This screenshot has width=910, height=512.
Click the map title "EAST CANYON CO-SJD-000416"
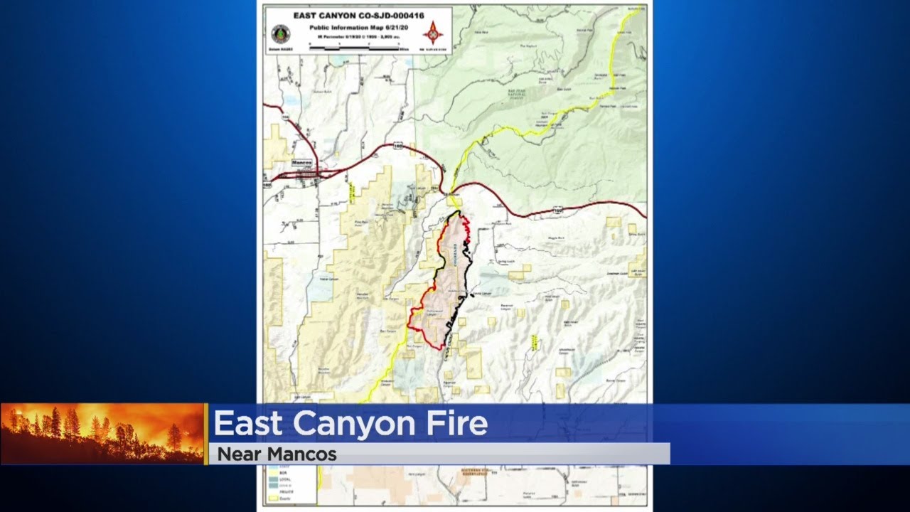click(358, 15)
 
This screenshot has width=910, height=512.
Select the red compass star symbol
click(433, 32)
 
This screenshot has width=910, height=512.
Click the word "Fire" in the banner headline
click(459, 424)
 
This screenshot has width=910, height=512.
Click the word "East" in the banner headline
click(249, 424)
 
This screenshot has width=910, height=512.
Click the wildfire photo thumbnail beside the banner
click(103, 434)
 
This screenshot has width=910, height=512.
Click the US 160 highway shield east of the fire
click(558, 210)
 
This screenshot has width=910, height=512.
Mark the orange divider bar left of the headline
click(206, 434)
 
